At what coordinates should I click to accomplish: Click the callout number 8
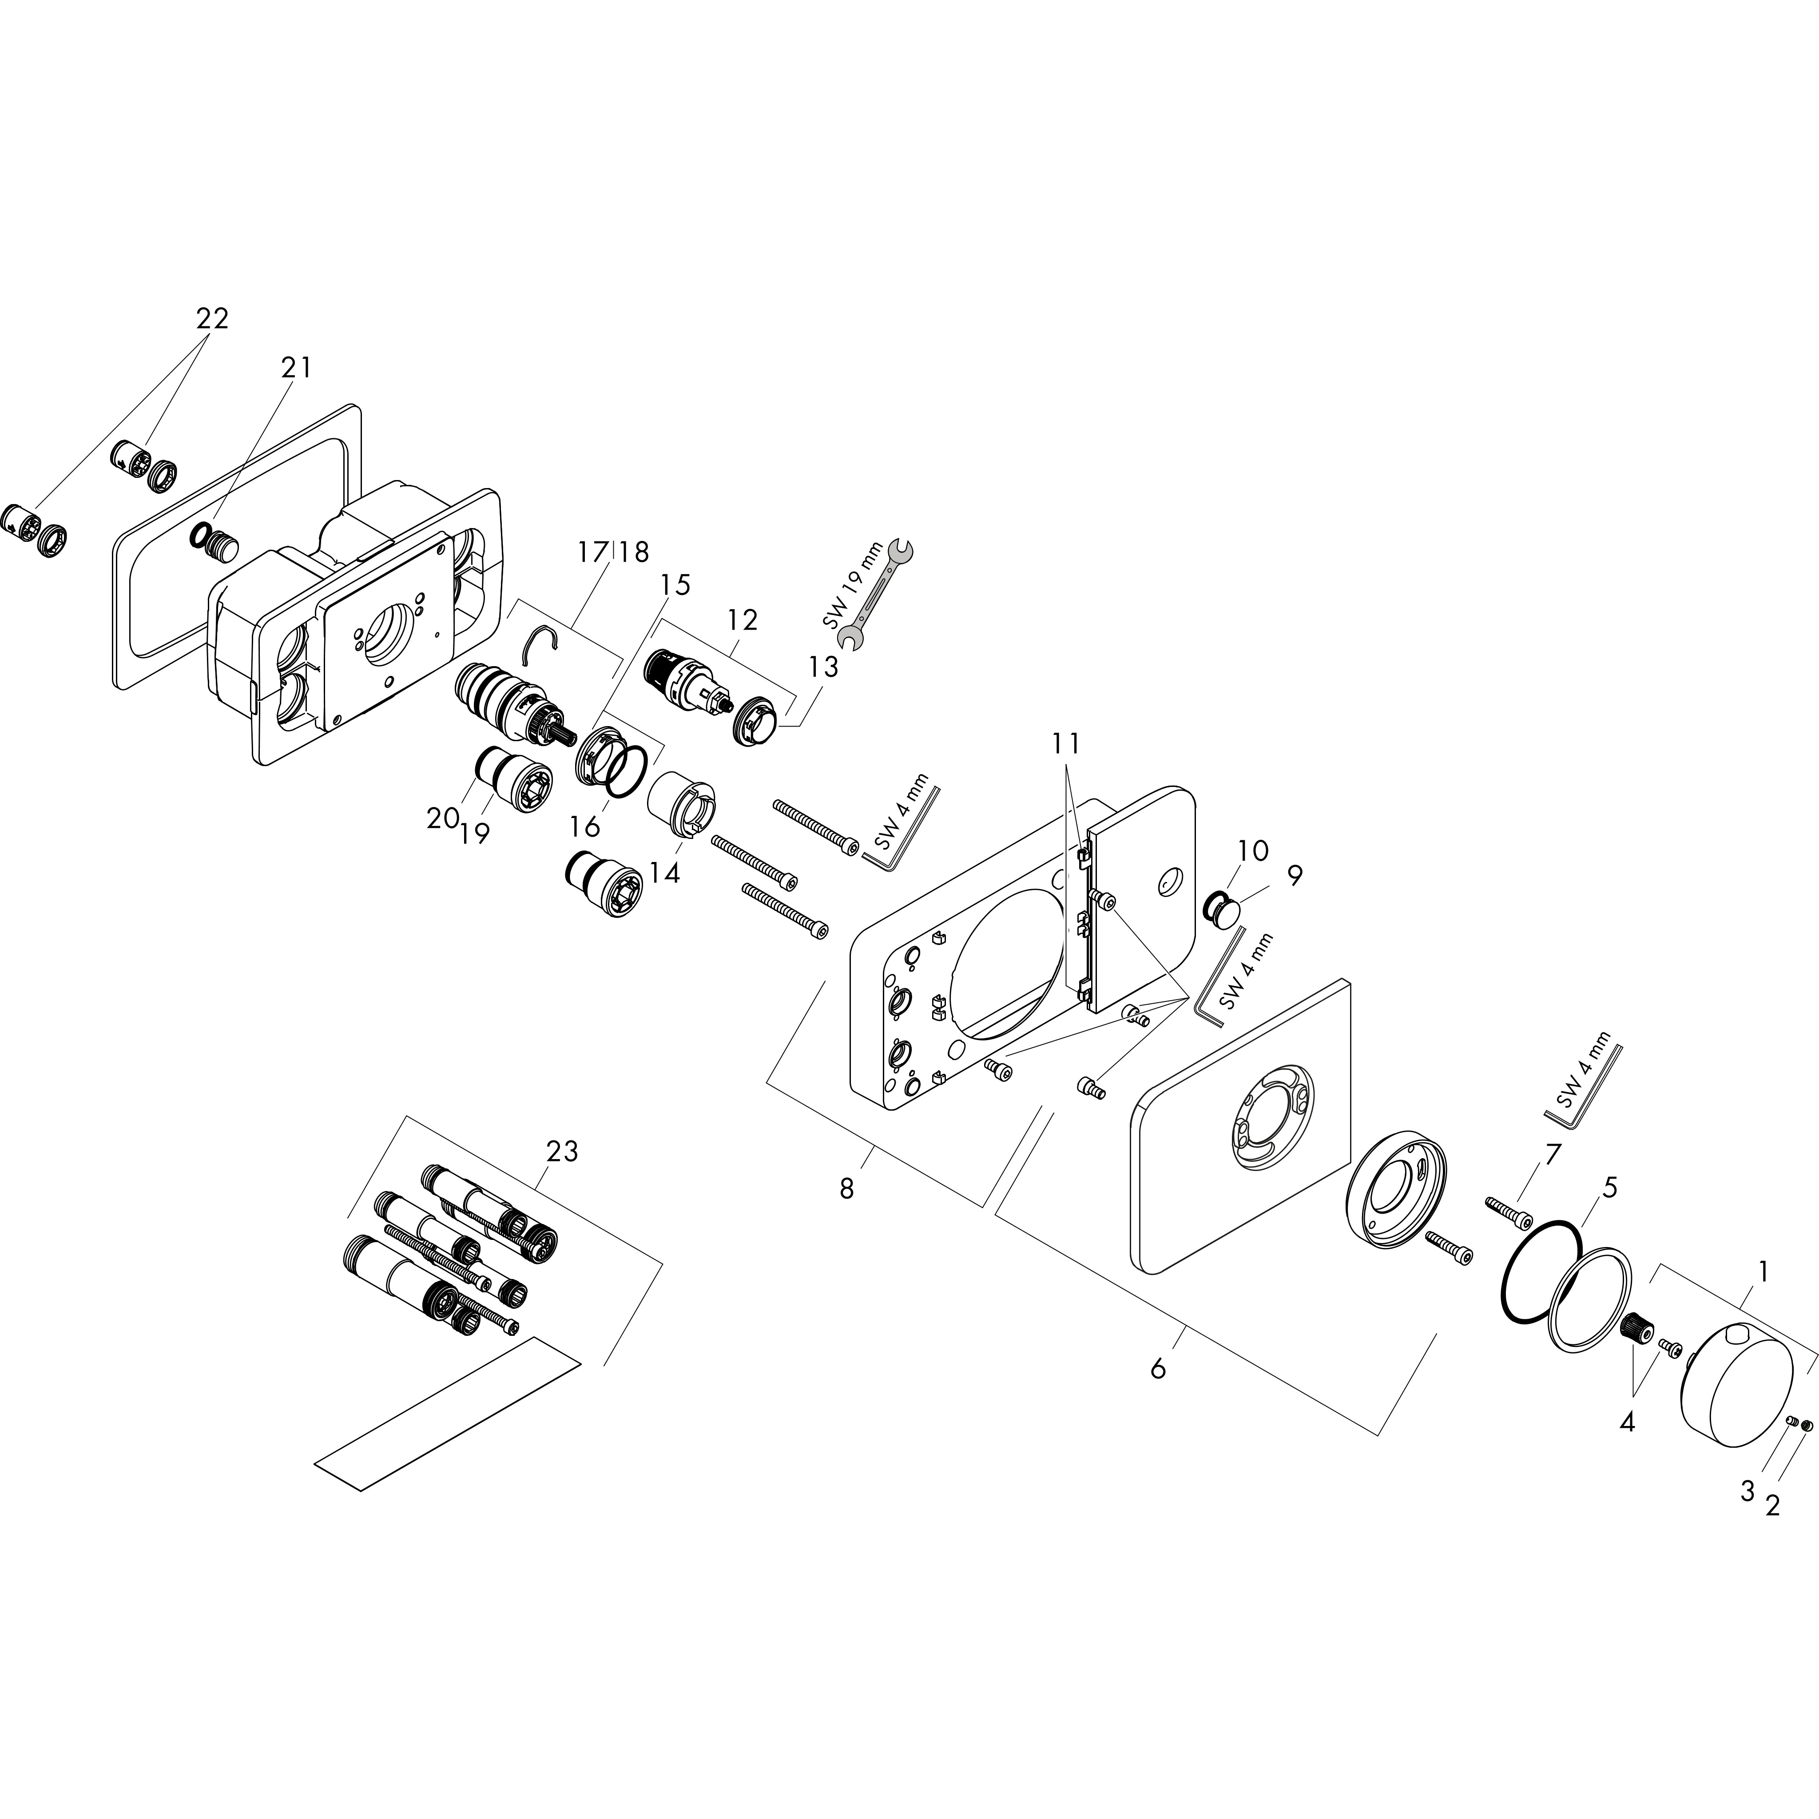(846, 1189)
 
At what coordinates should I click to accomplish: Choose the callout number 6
(1158, 1368)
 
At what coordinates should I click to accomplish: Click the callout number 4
(1627, 1422)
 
